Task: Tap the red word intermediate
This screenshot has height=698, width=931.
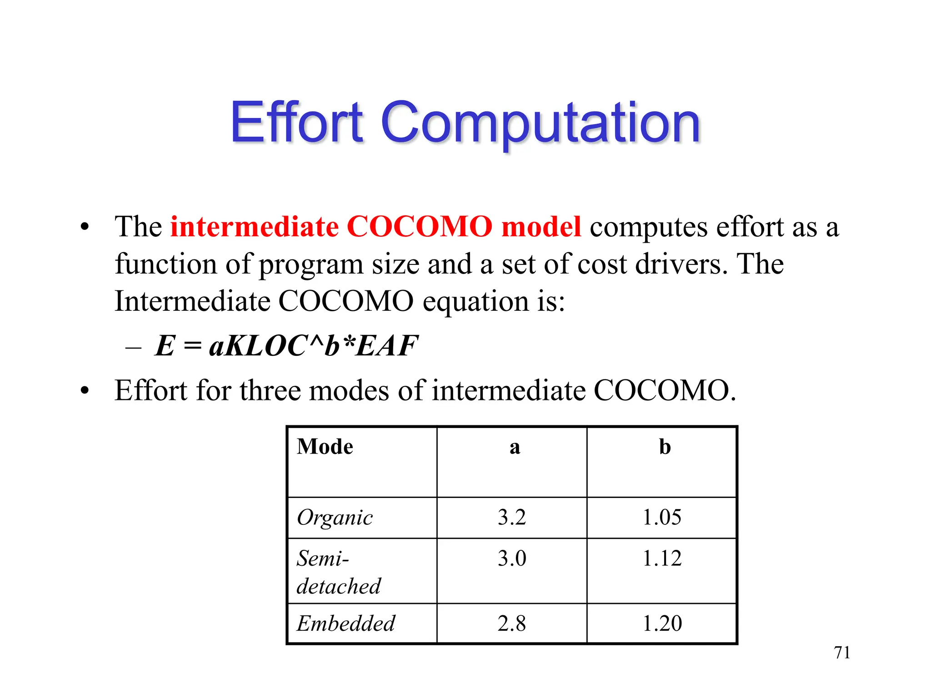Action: point(255,226)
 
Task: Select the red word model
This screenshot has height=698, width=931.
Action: point(541,226)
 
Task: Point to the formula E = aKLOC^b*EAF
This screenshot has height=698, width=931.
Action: point(286,346)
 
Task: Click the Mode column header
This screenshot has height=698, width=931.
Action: point(325,447)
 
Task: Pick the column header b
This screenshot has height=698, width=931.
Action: point(665,447)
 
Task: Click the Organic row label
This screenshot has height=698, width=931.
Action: point(335,518)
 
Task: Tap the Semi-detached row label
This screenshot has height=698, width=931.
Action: point(338,572)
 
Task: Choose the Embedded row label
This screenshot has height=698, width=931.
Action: point(345,623)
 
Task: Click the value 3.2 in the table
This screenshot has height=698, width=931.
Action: point(512,518)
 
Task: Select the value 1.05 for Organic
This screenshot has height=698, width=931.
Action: point(662,518)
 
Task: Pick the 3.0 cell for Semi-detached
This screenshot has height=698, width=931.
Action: point(512,558)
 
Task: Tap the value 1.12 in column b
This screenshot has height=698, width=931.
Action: point(662,558)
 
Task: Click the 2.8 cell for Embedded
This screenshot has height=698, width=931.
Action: point(512,623)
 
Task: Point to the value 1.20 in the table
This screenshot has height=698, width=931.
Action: point(662,623)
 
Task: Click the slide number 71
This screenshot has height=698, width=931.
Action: point(842,653)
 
